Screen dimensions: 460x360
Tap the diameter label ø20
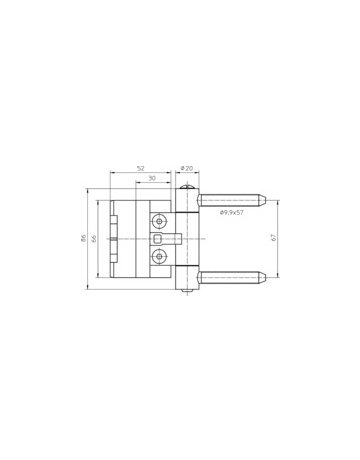click(186, 167)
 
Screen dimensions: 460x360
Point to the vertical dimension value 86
click(86, 238)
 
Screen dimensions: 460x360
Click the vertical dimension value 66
click(95, 238)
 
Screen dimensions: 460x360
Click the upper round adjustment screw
click(158, 220)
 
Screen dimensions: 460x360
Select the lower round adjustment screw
click(158, 258)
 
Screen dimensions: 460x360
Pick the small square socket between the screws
click(158, 239)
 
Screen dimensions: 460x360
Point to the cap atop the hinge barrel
click(186, 189)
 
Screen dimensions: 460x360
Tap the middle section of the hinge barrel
click(186, 239)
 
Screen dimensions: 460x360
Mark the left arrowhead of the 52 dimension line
click(112, 171)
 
